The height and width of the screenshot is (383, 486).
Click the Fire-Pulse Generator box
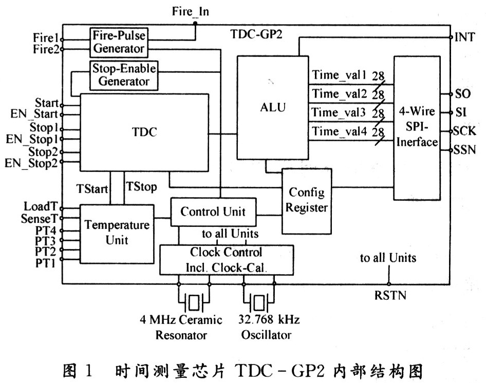point(118,42)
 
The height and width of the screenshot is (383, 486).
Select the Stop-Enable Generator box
point(124,74)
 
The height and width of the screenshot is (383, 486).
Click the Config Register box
point(306,200)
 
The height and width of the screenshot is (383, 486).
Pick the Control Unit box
point(213,212)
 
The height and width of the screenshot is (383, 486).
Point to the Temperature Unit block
point(117,232)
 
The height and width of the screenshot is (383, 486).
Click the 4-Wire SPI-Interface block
point(417,127)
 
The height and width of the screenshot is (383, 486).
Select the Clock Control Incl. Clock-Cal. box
point(226,259)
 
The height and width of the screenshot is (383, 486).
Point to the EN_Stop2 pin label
point(31,164)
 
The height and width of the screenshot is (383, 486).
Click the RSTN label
point(390,295)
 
